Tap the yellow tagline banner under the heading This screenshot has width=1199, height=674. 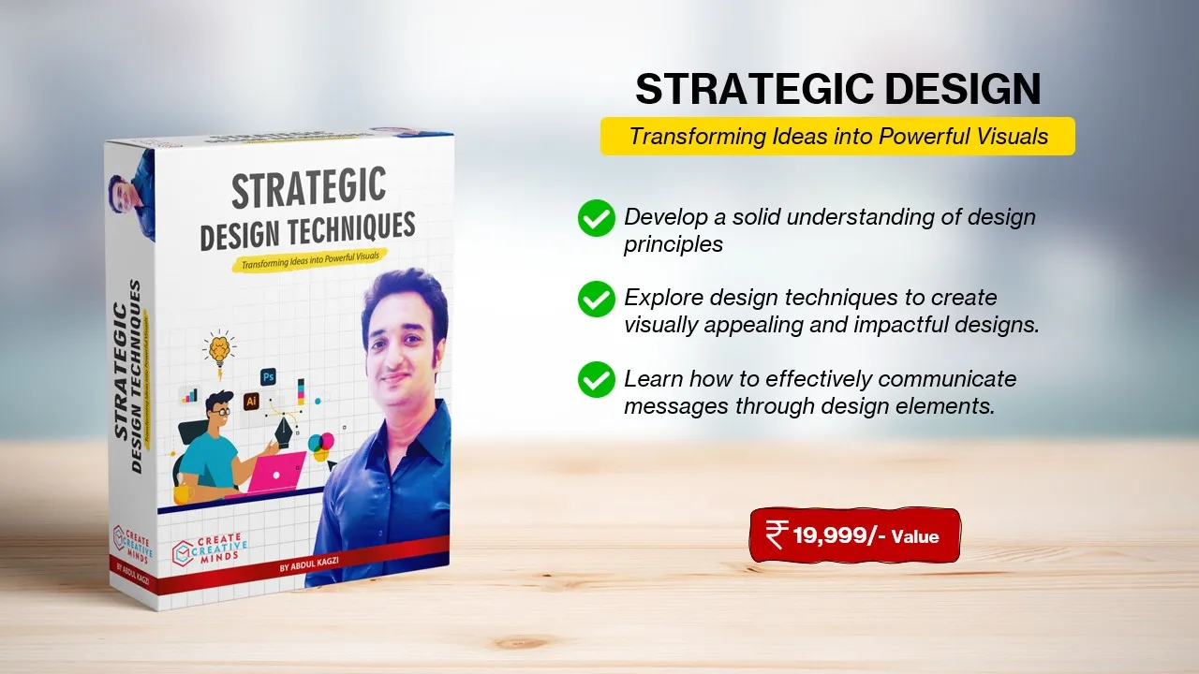[837, 137]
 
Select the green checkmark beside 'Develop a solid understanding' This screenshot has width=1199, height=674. [597, 218]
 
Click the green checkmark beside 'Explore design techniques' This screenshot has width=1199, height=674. [597, 299]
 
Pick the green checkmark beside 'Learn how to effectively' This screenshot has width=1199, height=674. [597, 380]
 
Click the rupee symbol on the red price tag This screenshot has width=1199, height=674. [777, 535]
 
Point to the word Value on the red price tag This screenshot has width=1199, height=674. [915, 536]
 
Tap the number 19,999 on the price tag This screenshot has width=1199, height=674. [830, 535]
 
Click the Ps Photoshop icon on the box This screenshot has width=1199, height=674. [268, 377]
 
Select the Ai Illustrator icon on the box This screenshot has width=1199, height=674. [251, 402]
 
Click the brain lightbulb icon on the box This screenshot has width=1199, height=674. [219, 350]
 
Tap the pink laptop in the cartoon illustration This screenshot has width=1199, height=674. [278, 473]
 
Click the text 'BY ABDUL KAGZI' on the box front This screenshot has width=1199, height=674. [309, 564]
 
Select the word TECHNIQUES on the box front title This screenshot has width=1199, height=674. [352, 227]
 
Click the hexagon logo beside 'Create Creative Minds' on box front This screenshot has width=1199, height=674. [183, 553]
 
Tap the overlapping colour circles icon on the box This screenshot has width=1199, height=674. [321, 447]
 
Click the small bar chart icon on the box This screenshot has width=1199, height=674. [189, 395]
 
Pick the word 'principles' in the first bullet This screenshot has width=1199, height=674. [674, 245]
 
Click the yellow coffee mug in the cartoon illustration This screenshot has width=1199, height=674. [184, 493]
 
